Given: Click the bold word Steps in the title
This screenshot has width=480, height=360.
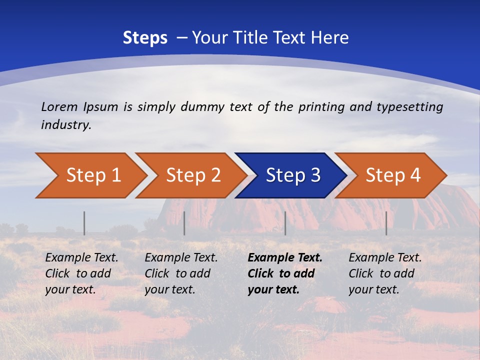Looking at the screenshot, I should click(145, 38).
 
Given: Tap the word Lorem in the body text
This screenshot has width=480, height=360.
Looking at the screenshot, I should click(59, 106).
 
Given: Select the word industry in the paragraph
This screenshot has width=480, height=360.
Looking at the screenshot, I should click(65, 124).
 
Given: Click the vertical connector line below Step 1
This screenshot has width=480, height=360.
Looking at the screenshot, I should click(84, 223).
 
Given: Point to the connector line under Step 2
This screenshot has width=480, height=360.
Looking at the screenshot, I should click(184, 223).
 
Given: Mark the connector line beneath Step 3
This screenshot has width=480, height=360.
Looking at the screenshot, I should click(285, 223).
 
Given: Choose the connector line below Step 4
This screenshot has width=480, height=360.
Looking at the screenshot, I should click(386, 223).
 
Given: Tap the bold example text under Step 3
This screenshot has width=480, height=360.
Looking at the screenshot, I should click(284, 273).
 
